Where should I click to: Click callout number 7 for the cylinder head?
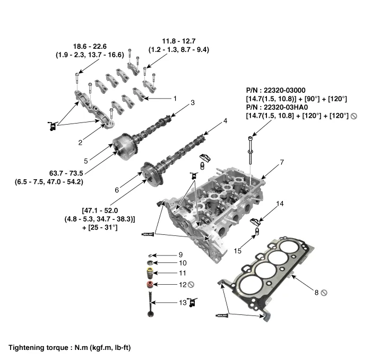[282, 161]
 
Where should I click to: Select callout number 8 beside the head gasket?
[316, 292]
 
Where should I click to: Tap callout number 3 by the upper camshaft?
[193, 102]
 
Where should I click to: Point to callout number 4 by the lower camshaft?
[225, 121]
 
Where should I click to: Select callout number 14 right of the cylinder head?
[280, 204]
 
